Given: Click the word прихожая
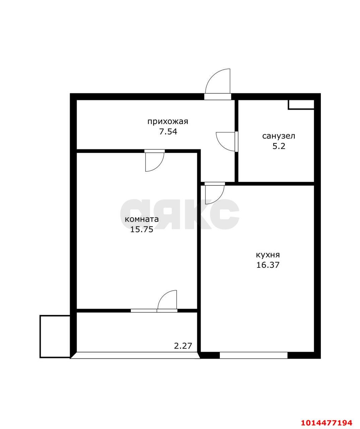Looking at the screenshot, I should [x=168, y=121].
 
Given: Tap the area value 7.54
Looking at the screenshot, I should [x=168, y=131].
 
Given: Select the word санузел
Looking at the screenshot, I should [x=279, y=136].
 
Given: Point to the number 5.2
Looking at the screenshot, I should [x=279, y=146].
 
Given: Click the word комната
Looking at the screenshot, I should [x=141, y=220].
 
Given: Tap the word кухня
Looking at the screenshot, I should [x=268, y=255].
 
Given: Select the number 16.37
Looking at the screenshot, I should [x=268, y=265].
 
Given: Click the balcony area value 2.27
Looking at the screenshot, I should [x=183, y=346].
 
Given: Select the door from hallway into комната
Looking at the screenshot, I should [x=155, y=161].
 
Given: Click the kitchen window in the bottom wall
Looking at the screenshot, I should [x=253, y=355].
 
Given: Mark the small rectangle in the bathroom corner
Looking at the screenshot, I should [x=301, y=104].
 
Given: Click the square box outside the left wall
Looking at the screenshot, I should [x=55, y=336].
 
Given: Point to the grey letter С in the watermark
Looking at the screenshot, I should [x=226, y=214].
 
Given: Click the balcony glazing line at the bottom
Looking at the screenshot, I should [x=135, y=355].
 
